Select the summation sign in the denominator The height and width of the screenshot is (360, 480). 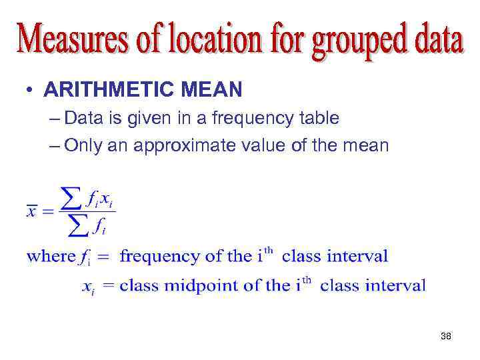pos(79,228)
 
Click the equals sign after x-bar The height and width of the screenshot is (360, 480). pos(47,212)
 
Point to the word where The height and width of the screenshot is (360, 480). pos(51,256)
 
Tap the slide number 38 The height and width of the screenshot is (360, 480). pos(446,336)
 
